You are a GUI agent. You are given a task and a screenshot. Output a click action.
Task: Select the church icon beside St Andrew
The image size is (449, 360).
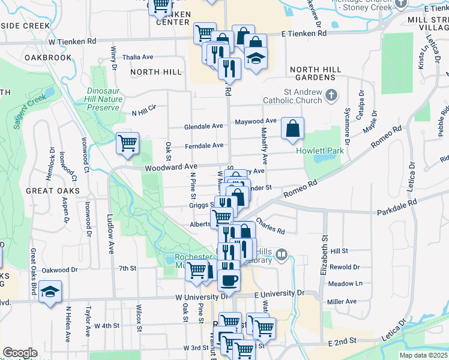tap(331, 95)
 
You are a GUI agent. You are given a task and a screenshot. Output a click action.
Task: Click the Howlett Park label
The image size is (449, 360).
tap(320, 151)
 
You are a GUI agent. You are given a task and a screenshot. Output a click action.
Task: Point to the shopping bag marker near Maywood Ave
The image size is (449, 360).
tap(292, 128)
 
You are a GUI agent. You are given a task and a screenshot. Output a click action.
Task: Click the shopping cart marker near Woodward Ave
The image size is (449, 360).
tap(127, 143)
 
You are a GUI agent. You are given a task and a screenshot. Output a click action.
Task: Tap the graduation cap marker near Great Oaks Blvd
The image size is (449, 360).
tap(50, 292)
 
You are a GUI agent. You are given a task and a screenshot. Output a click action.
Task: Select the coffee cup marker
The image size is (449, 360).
tap(228, 280)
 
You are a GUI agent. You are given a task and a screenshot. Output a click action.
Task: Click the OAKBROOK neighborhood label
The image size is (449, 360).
tap(48, 58)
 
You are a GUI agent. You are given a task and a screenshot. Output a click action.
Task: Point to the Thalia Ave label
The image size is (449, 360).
tap(137, 57)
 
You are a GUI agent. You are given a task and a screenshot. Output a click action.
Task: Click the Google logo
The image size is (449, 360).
tap(20, 353)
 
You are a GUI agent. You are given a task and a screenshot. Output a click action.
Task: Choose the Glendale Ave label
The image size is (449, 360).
tap(203, 126)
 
